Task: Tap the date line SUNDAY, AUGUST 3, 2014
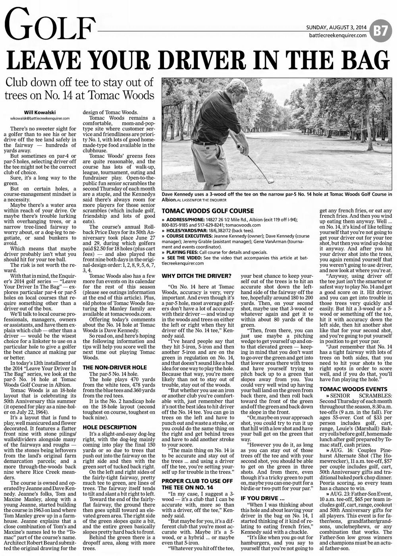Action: (x=336, y=27)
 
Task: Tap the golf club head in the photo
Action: (x=271, y=181)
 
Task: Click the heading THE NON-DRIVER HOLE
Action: (x=114, y=368)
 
